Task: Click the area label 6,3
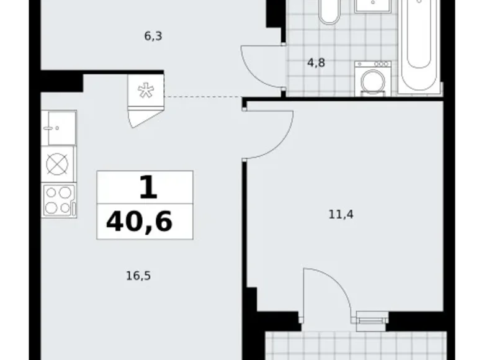pos(153,36)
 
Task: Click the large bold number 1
pos(147,187)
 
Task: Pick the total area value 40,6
pos(139,220)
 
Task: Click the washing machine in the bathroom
pos(372,79)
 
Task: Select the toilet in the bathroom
pos(329,11)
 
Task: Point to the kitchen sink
pos(58,128)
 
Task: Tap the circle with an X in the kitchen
pos(58,164)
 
